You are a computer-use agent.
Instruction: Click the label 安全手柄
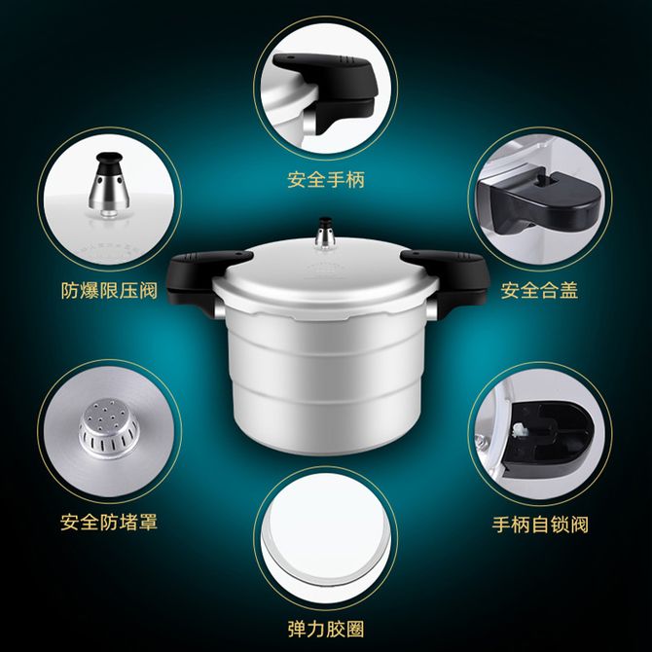(326, 180)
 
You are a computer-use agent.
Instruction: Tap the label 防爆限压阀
(109, 290)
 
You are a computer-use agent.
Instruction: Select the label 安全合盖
(539, 290)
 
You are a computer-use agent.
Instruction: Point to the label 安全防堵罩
(109, 523)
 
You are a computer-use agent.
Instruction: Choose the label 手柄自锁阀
(540, 525)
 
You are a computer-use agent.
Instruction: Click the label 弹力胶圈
(326, 629)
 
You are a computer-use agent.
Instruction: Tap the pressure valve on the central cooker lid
(325, 234)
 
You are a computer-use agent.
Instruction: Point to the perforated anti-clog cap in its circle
(109, 428)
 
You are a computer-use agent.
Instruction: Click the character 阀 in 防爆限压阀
(149, 290)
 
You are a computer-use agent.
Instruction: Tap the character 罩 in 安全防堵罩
(149, 523)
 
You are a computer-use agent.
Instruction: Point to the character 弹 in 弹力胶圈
(297, 629)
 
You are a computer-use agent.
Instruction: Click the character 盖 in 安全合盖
(569, 290)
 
